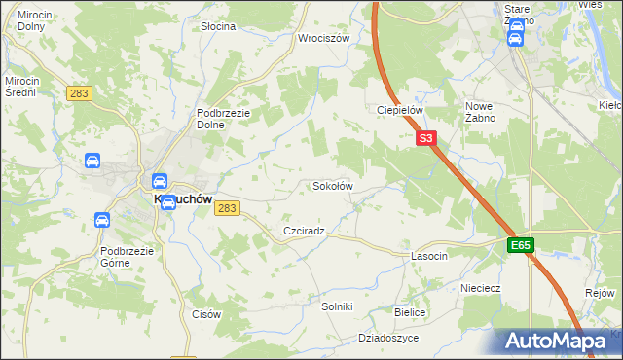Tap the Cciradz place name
pos(303,232)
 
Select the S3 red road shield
pos(425,139)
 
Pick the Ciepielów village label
pos(400,111)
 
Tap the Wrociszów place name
pos(324,39)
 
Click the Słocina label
pos(218,26)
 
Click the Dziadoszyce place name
pos(388,338)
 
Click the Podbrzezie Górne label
pos(128,257)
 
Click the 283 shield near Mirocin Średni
pos(80,93)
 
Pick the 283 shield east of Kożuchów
pos(228,208)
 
